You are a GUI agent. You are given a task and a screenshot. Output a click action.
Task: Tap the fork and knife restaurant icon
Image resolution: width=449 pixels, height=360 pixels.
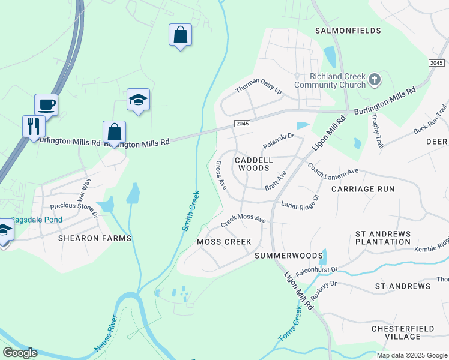tap(34, 127)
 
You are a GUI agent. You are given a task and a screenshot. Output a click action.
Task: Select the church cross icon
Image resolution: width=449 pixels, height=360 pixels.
tap(375, 80)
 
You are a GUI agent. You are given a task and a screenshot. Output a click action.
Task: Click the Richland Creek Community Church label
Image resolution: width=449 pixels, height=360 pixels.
tap(337, 80)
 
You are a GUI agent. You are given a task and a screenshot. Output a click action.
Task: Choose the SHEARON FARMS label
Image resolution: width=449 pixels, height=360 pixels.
tap(94, 238)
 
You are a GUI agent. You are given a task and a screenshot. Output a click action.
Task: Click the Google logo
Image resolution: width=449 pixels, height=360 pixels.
tap(20, 353)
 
